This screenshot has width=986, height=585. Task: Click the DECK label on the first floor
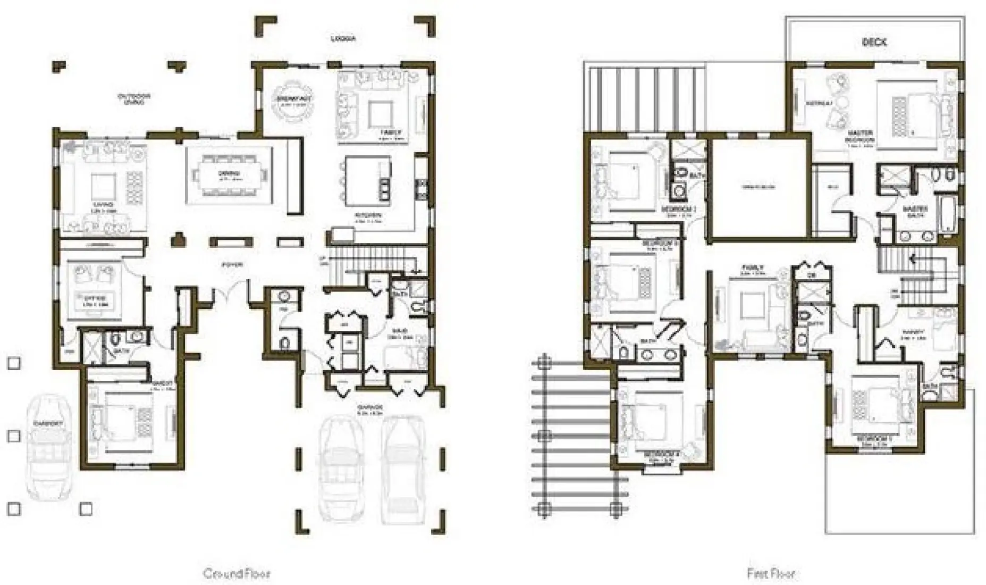click(874, 42)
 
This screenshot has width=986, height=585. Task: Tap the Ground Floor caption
click(237, 573)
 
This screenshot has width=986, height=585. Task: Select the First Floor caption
click(771, 573)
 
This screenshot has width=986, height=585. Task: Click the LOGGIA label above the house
click(343, 39)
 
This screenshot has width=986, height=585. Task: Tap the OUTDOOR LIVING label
click(134, 99)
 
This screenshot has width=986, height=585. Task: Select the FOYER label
click(232, 264)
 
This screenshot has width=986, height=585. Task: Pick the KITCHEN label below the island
click(368, 216)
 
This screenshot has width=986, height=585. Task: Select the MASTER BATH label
click(915, 212)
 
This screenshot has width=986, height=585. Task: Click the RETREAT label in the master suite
click(819, 103)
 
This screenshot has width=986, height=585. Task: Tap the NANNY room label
click(913, 332)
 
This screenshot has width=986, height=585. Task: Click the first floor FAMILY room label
click(753, 268)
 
